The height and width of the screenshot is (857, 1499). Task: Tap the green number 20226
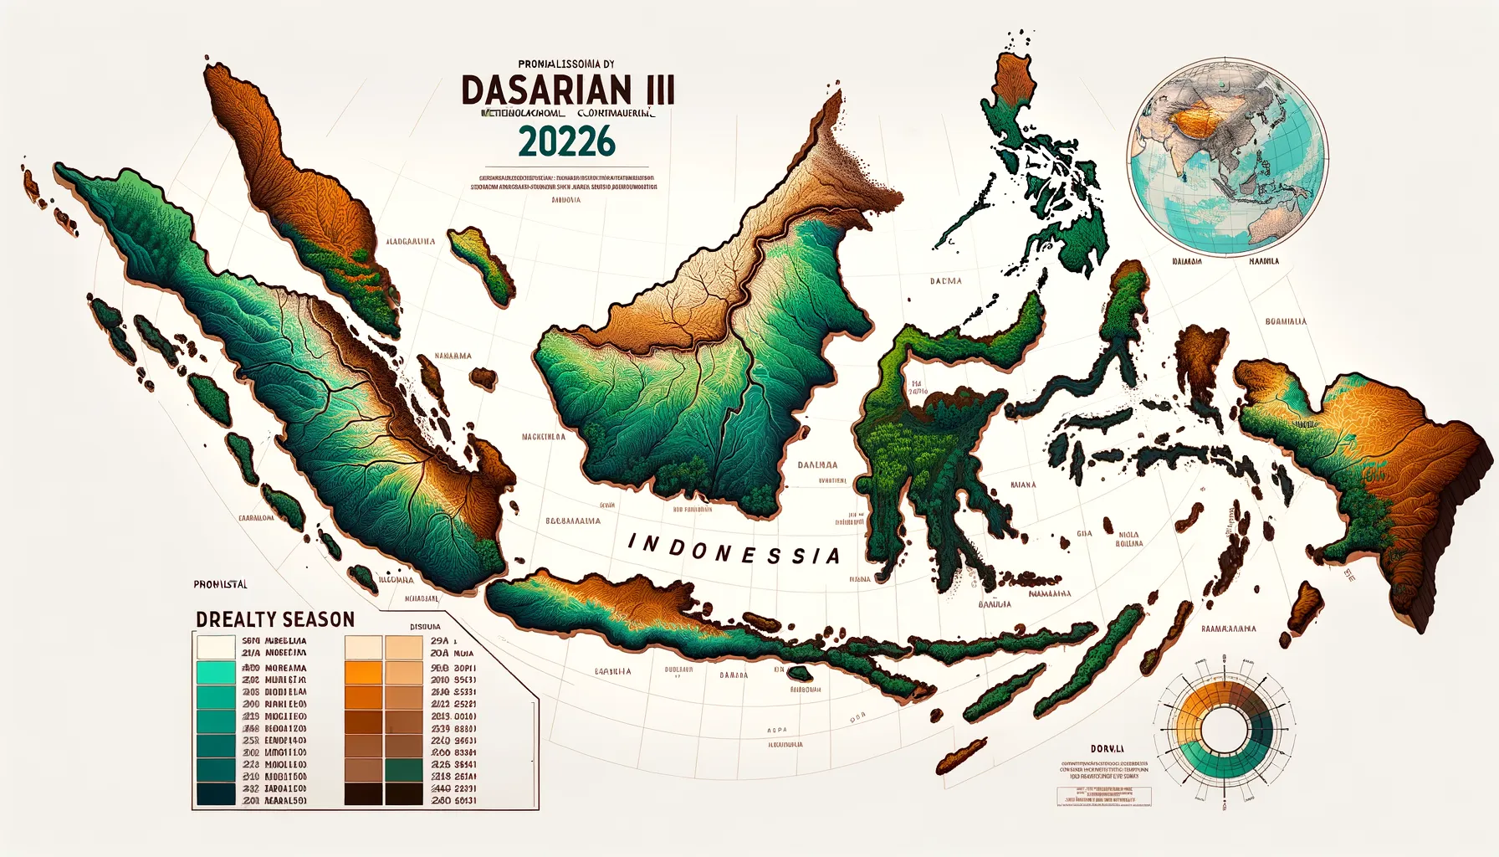[x=566, y=141]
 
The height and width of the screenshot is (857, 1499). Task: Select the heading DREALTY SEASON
[x=275, y=619]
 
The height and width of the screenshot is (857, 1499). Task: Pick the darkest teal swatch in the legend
[x=215, y=793]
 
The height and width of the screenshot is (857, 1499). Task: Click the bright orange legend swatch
[x=363, y=673]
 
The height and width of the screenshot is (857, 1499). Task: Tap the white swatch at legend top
[x=215, y=646]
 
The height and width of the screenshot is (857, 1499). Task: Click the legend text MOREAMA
[x=285, y=668]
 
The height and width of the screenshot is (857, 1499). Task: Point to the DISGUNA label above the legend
[x=425, y=626]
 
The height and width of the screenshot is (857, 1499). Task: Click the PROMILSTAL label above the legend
[x=220, y=584]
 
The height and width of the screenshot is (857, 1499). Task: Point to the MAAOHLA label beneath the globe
[x=1263, y=261]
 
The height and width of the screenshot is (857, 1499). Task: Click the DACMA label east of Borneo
[x=945, y=281]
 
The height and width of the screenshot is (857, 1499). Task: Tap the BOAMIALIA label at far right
[x=1286, y=321]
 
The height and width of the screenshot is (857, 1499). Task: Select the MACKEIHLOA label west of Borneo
[x=543, y=437]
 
